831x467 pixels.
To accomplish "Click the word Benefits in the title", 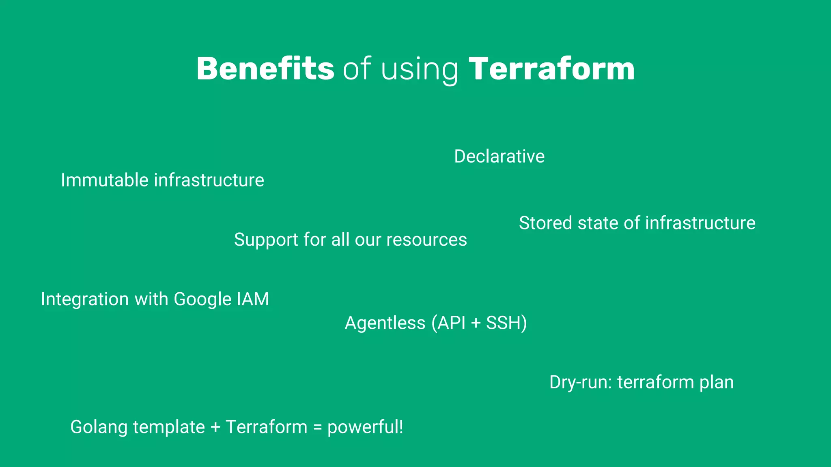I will tap(265, 69).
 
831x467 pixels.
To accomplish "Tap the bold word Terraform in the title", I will tap(551, 69).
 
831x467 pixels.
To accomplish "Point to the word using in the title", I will tap(420, 70).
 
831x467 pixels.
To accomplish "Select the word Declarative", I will tap(499, 156).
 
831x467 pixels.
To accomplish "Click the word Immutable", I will tap(104, 180).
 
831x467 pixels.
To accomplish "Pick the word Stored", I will tap(545, 223).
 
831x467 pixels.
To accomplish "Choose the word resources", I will tap(426, 240).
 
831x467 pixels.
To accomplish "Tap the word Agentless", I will tap(385, 323).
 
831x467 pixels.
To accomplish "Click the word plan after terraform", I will tap(716, 383).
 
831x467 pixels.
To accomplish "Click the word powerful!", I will tap(365, 427).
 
